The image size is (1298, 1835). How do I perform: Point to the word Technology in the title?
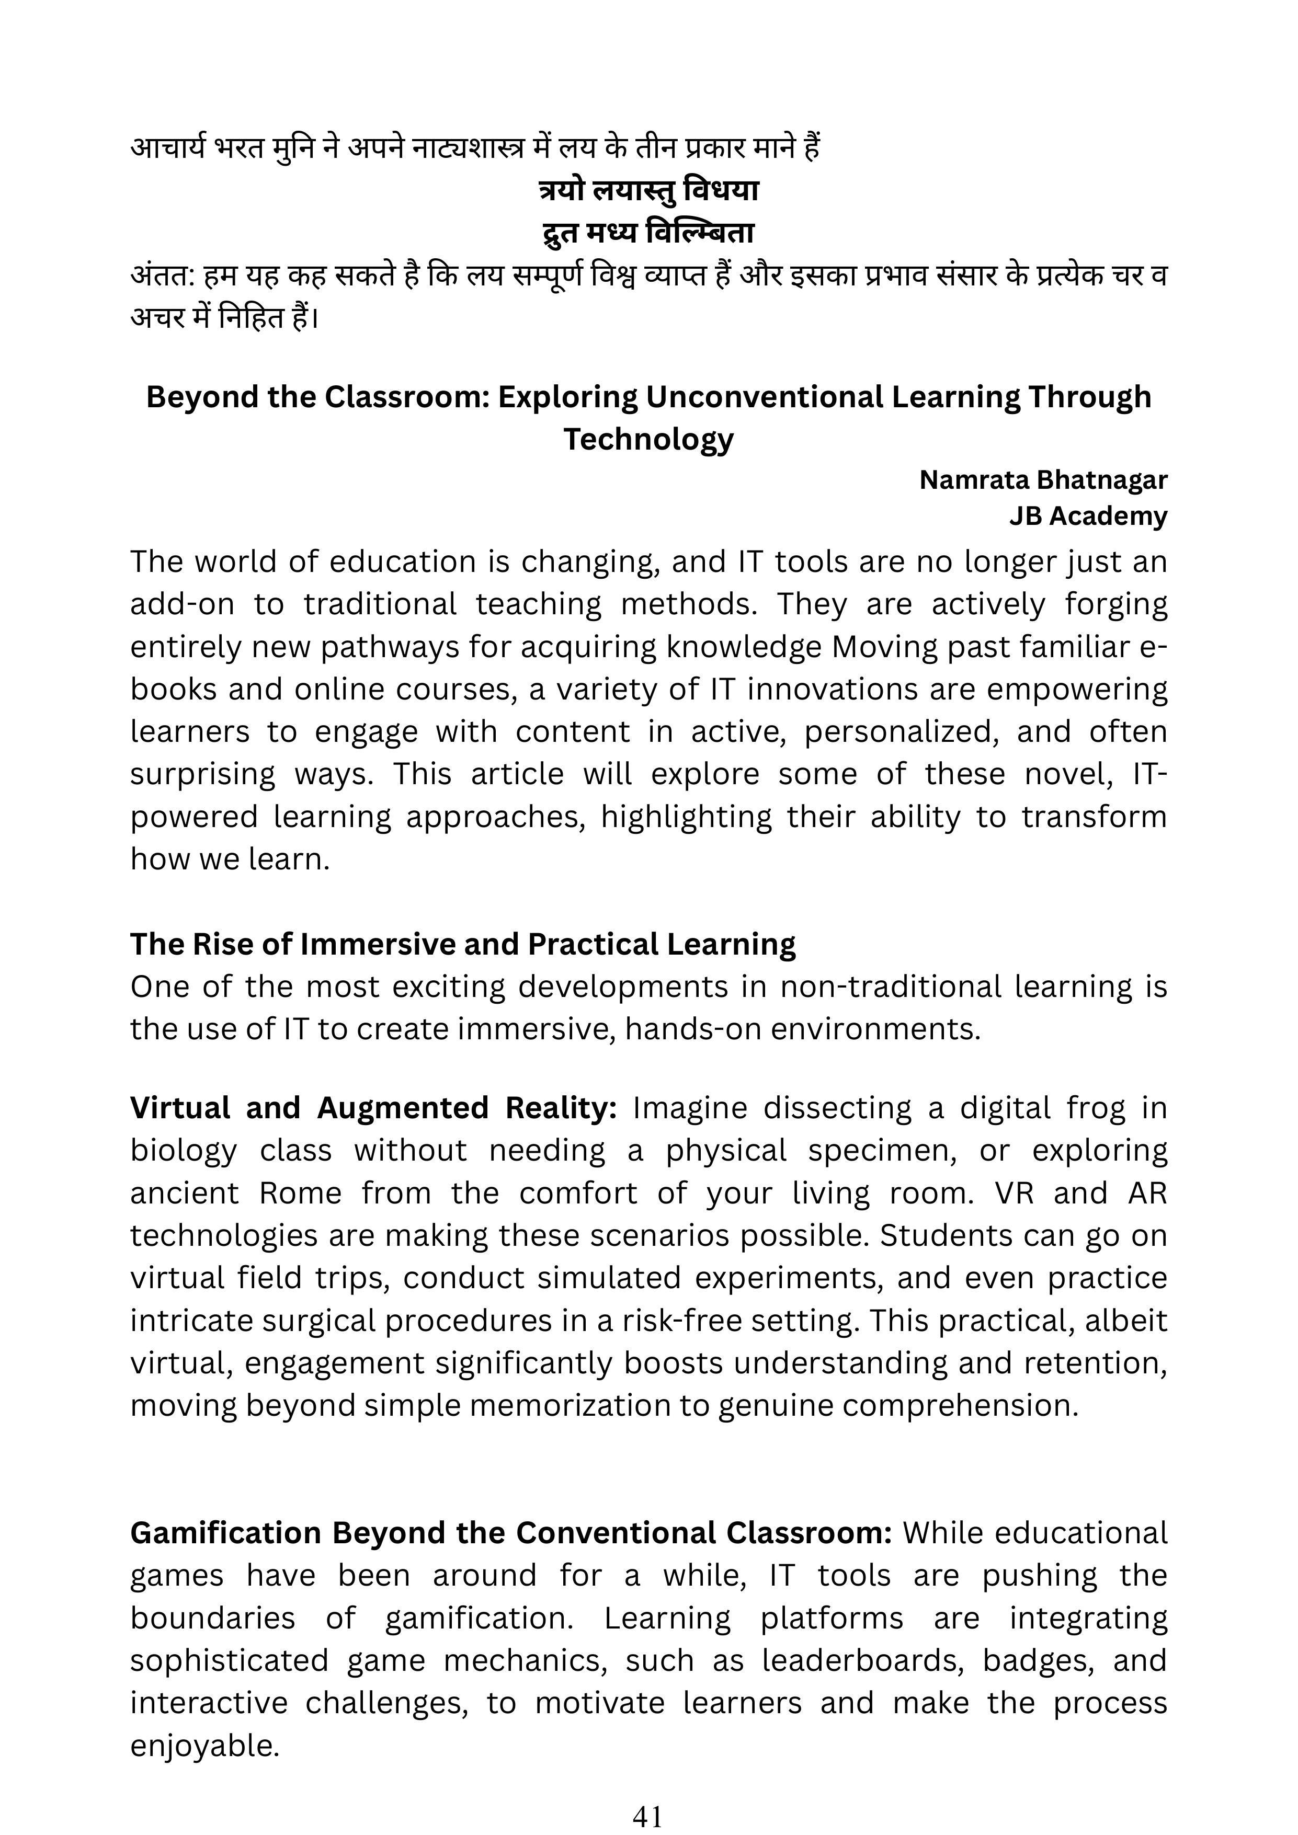648,439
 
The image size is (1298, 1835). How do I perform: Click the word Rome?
301,1192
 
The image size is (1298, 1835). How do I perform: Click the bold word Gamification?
227,1533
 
